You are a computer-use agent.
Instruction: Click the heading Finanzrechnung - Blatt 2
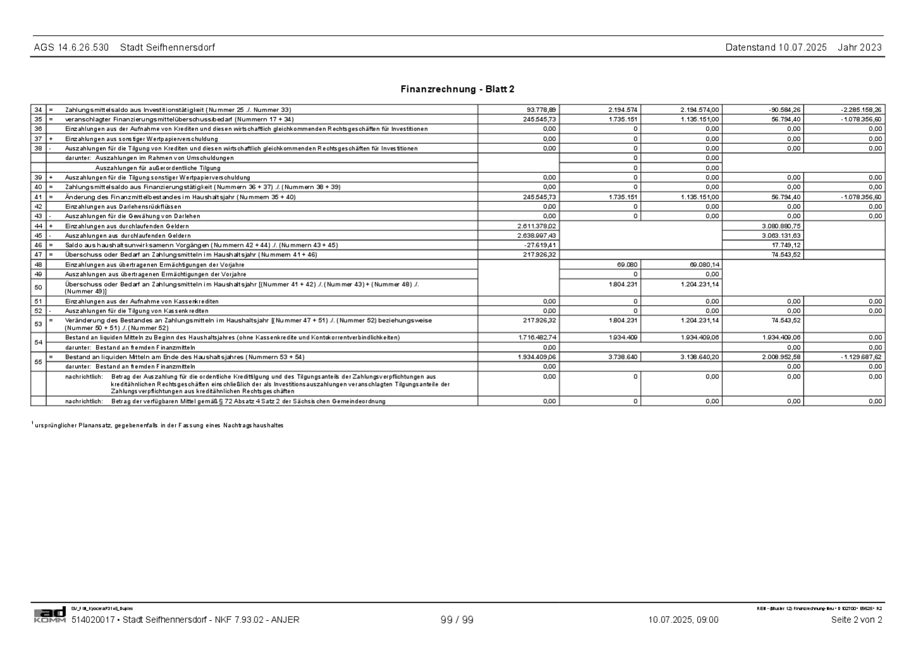[457, 89]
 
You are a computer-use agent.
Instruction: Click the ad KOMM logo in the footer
[49, 615]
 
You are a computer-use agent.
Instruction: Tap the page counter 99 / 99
[457, 620]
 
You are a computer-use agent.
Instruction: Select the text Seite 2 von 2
[857, 620]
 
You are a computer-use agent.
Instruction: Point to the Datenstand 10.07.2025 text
[776, 47]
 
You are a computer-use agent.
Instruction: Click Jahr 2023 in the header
[860, 47]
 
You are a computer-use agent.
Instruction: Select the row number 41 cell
[38, 197]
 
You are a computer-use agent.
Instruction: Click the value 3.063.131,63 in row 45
[781, 235]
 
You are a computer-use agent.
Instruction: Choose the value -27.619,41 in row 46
[540, 245]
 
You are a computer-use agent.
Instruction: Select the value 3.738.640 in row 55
[622, 357]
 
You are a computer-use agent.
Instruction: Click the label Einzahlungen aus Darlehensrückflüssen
[123, 206]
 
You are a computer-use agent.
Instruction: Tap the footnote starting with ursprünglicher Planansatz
[158, 425]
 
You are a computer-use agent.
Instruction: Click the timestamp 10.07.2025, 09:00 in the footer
[683, 620]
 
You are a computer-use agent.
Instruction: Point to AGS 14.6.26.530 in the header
[71, 47]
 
